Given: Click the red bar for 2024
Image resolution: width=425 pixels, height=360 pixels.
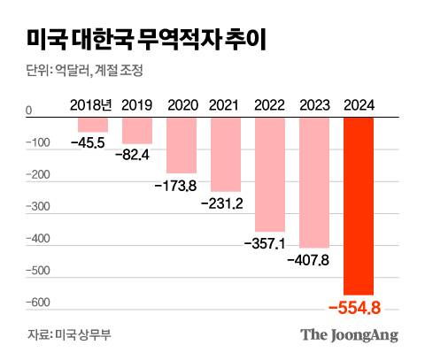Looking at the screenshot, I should pos(359,206).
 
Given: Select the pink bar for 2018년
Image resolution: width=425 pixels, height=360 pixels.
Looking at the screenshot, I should pos(93,125).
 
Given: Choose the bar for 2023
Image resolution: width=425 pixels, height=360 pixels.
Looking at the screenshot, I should pos(313,182).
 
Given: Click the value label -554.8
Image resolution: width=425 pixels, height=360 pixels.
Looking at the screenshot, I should pos(359,308).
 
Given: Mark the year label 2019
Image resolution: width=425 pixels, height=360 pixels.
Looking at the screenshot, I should pos(137,105).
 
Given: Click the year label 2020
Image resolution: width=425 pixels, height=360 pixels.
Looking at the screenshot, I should pos(182,105).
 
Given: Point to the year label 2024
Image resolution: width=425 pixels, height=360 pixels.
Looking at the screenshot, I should pos(359,105).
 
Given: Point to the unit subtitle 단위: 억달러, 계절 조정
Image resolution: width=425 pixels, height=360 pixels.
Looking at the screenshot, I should pos(85,70).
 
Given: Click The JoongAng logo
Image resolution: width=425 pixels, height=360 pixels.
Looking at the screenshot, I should pos(348,334).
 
